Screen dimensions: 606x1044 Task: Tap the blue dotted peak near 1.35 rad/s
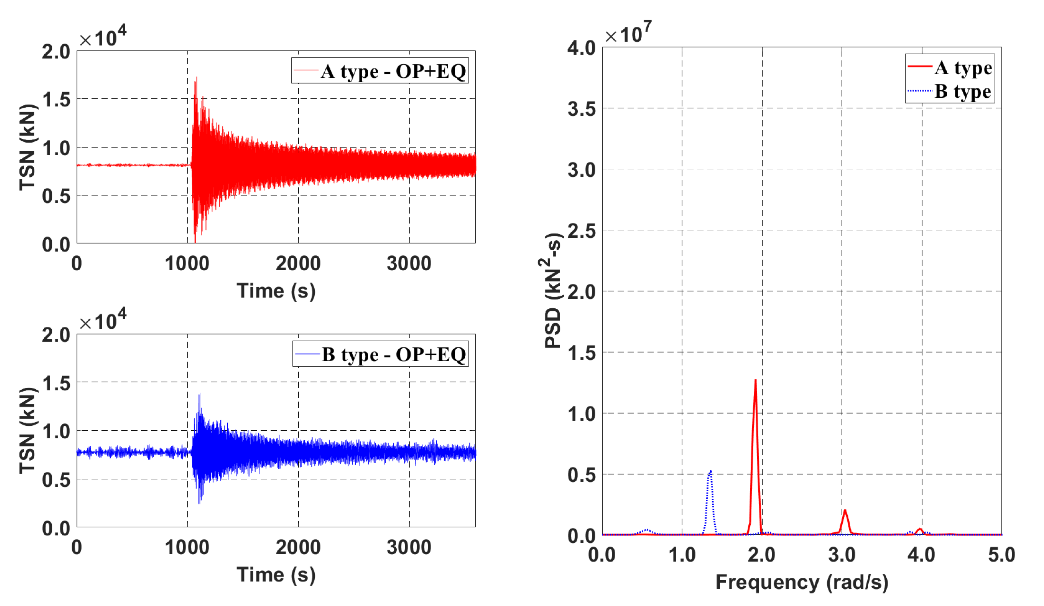[710, 472]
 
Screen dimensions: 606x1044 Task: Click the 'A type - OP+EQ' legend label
[393, 71]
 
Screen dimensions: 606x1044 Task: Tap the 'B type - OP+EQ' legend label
[394, 355]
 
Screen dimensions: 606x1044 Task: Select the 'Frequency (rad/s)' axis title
[802, 582]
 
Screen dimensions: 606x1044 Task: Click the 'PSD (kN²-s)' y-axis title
[553, 290]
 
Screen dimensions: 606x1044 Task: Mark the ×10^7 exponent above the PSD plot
[627, 33]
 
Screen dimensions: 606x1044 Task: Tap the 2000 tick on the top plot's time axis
[298, 263]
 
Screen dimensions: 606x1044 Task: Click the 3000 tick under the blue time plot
[409, 548]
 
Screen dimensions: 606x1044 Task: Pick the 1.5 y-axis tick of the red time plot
[56, 100]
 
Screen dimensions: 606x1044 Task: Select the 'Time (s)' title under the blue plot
[276, 575]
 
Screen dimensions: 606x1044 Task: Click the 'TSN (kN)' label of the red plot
[27, 147]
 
